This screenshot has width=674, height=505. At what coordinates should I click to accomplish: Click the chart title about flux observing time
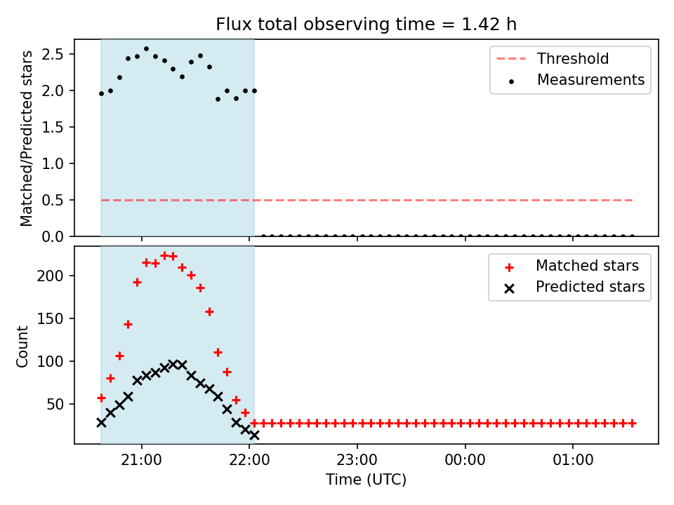pos(366,25)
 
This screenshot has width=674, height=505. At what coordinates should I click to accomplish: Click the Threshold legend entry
pos(553,58)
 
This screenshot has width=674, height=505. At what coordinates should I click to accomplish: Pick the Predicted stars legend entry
pos(574,287)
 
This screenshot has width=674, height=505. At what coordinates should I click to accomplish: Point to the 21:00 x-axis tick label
pos(141,460)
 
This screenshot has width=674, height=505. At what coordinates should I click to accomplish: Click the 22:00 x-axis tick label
pos(249,460)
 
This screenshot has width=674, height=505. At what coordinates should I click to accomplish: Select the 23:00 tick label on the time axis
pos(357,460)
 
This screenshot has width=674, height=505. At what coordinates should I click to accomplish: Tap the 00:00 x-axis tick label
pos(465,460)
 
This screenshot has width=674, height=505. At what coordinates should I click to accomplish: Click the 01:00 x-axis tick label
pos(573,460)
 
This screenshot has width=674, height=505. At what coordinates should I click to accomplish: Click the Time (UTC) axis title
pos(366,479)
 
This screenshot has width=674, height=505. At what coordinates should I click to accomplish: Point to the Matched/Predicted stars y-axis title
pos(26,138)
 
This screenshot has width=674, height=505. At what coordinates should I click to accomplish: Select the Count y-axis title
pos(22,346)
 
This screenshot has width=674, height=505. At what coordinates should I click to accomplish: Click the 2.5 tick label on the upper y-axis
pos(53,54)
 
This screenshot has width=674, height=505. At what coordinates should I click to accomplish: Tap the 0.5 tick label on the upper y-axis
pos(53,200)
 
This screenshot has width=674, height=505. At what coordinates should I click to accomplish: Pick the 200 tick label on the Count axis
pos(51,276)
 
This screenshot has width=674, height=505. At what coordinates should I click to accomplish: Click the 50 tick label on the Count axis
pos(55,405)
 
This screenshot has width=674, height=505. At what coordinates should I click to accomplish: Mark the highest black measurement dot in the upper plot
pos(146,49)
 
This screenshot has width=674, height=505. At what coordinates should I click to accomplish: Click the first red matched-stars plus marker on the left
pos(101,398)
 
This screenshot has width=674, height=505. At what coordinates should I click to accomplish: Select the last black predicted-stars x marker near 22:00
pos(254,436)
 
